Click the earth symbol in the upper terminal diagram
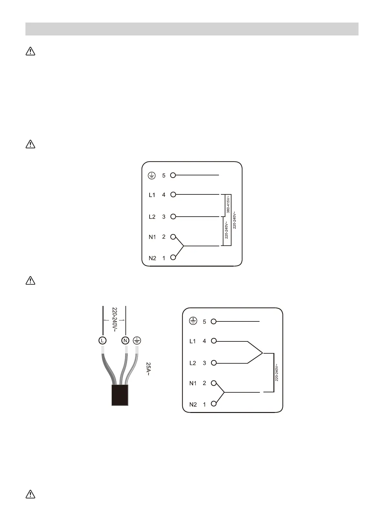(152, 176)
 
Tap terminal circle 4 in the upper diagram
(173, 194)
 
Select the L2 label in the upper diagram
(152, 217)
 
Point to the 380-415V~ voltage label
(228, 204)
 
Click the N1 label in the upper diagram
(152, 237)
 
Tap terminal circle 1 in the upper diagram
(173, 257)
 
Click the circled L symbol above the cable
(102, 340)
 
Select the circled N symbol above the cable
(125, 340)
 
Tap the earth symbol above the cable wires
(137, 340)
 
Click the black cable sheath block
(120, 395)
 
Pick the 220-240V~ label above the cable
(114, 319)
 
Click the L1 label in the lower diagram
(192, 341)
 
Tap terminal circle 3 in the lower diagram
(214, 363)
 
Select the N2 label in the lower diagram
(193, 404)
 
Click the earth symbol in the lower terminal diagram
(193, 321)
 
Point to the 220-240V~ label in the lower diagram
(277, 373)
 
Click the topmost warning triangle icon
(30, 51)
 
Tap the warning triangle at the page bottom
(30, 494)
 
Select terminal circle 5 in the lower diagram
(214, 321)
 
